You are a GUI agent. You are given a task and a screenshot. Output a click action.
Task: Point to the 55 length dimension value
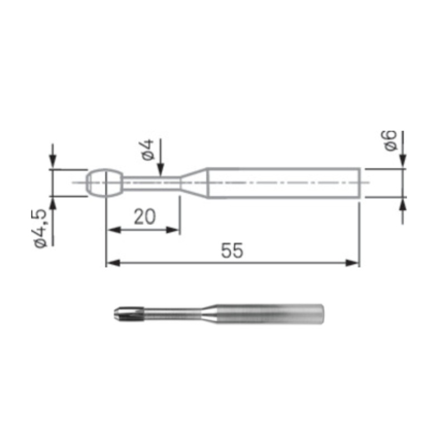232,251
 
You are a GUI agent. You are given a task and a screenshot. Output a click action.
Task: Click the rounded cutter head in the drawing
104,182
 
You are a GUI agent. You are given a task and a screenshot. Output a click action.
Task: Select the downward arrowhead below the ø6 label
402,162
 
